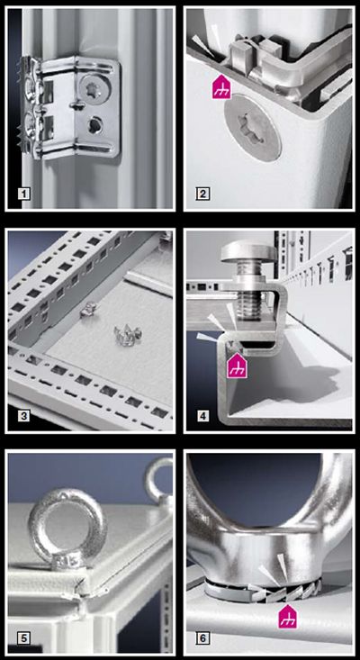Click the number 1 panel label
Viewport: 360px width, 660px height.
point(24,194)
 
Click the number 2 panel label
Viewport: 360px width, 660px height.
point(203,194)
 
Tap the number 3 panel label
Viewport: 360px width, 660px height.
point(24,416)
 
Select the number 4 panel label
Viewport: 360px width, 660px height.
point(203,416)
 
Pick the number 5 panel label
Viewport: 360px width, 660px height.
point(24,638)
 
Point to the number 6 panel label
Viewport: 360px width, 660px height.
point(203,638)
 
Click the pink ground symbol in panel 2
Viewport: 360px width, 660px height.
point(221,86)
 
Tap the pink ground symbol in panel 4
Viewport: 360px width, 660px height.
point(238,365)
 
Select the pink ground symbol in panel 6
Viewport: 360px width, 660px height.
point(288,617)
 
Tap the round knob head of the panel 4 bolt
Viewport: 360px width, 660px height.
point(248,251)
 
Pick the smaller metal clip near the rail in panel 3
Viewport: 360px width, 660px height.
point(90,309)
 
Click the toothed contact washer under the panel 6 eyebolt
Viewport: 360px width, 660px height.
point(265,586)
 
